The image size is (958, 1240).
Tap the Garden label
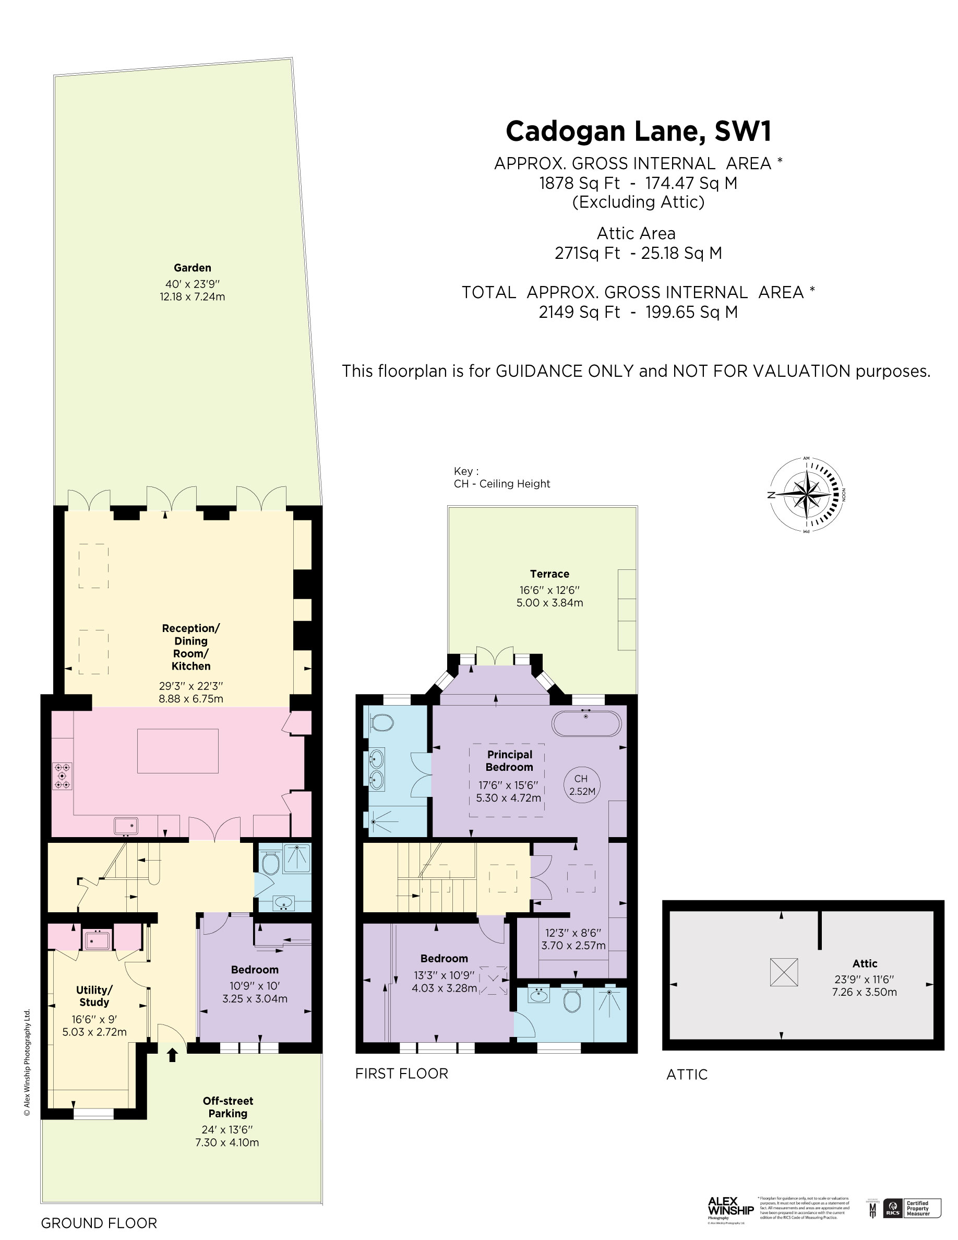pos(193,267)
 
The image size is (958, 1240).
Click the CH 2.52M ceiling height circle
pos(582,784)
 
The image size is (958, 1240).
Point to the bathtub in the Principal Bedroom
pos(586,723)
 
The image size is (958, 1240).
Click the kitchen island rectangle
pos(177,750)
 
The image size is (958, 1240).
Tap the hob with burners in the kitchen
pos(63,776)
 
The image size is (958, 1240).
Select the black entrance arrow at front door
pos(173,1054)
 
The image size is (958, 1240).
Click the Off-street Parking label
pos(227,1106)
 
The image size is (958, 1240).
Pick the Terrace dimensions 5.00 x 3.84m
pos(549,602)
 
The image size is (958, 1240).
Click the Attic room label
pos(865,963)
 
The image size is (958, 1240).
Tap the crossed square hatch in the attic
pos(784,972)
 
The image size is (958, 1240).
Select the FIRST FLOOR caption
pos(401,1074)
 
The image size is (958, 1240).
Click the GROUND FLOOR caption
pos(99,1223)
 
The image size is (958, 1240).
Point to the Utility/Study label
pos(94,996)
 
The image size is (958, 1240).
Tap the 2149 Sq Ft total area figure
pos(579,312)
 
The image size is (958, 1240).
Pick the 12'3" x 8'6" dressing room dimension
pos(573,932)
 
